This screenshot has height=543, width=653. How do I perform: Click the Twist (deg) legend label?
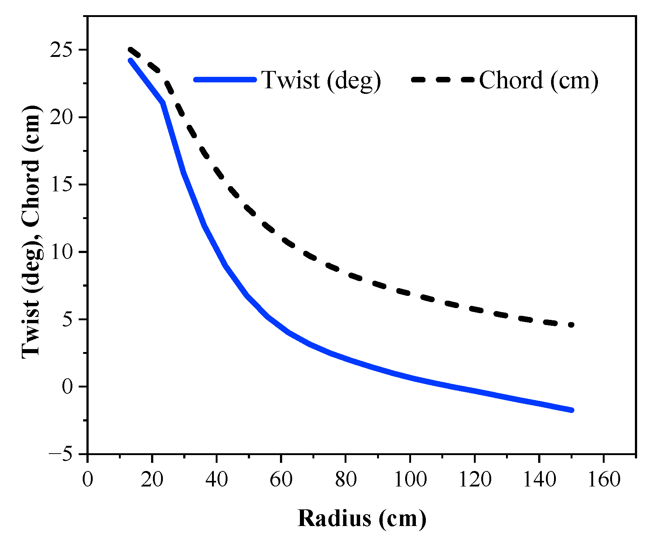click(x=321, y=80)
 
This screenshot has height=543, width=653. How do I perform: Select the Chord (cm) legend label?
click(x=538, y=80)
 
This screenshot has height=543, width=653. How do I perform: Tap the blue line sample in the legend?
click(x=225, y=79)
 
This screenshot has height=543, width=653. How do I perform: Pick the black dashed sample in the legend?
click(x=442, y=79)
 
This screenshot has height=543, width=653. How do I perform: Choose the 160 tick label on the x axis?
click(x=604, y=480)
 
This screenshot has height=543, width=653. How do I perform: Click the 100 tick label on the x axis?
click(x=410, y=480)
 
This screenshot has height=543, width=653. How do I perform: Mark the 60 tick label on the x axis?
click(x=281, y=480)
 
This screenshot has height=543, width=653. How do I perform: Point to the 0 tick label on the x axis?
click(x=88, y=480)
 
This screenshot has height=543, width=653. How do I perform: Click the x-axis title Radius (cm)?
click(x=362, y=518)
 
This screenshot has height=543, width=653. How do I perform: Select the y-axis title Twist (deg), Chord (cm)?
click(x=31, y=232)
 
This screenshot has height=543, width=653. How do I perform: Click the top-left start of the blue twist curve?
click(x=130, y=61)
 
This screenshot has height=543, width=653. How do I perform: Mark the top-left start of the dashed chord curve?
click(x=130, y=49)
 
